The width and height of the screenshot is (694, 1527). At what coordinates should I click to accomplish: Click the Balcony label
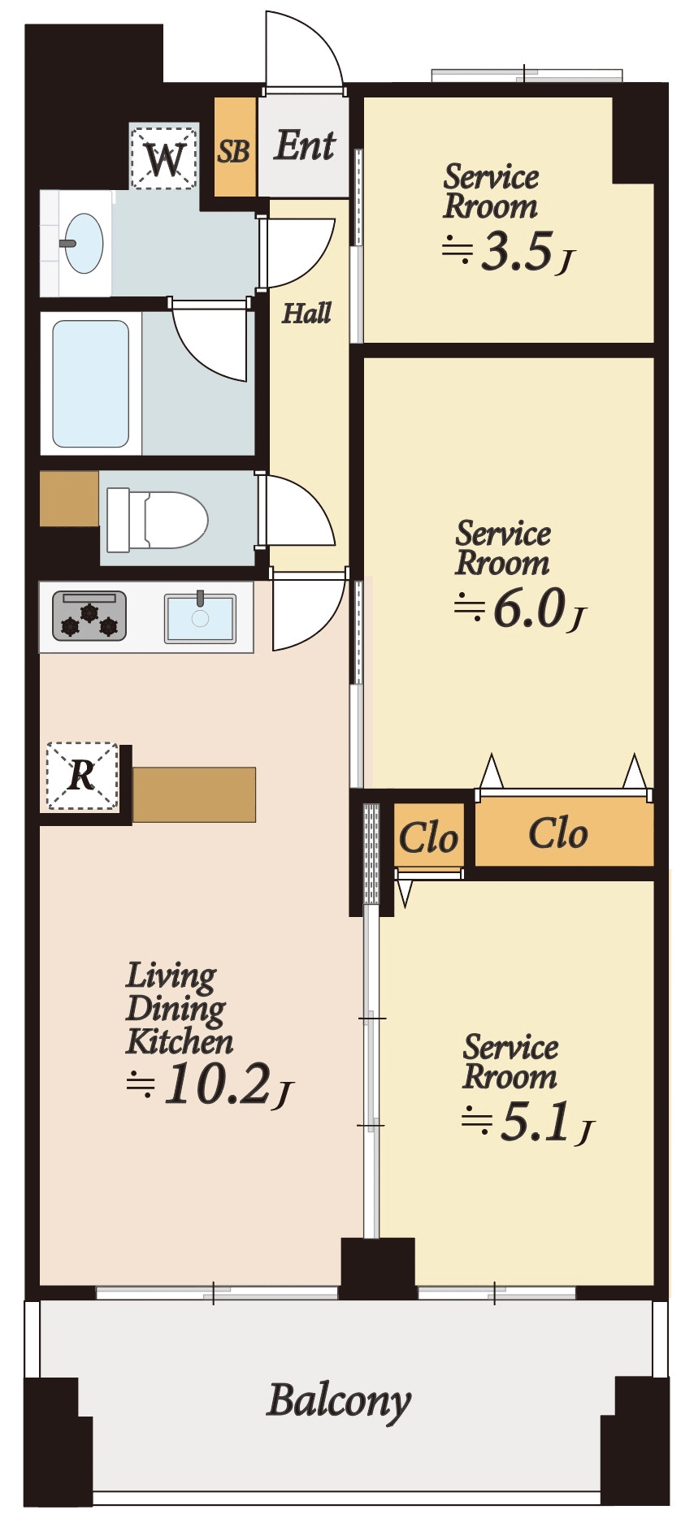pyautogui.click(x=339, y=1401)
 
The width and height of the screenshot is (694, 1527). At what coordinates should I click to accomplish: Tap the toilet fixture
pyautogui.click(x=158, y=520)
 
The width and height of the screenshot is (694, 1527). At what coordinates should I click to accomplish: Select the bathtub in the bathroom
pyautogui.click(x=91, y=383)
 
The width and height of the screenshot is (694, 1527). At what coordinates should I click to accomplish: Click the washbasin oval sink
pyautogui.click(x=83, y=243)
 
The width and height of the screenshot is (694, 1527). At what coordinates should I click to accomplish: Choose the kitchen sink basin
pyautogui.click(x=200, y=618)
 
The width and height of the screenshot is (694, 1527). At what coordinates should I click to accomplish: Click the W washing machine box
pyautogui.click(x=164, y=157)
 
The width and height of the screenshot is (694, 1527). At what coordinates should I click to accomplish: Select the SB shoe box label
pyautogui.click(x=234, y=151)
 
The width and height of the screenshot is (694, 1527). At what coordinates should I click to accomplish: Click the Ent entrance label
pyautogui.click(x=305, y=146)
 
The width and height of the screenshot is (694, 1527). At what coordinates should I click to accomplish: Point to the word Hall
pyautogui.click(x=306, y=313)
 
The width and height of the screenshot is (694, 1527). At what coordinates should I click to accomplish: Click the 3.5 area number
pyautogui.click(x=518, y=253)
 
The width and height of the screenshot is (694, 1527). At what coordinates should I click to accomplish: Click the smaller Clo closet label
pyautogui.click(x=428, y=837)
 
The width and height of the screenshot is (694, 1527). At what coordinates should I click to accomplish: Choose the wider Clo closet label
pyautogui.click(x=557, y=833)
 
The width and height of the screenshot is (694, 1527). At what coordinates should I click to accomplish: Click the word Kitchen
pyautogui.click(x=180, y=1041)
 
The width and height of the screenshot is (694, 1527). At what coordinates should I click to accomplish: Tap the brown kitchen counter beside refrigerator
pyautogui.click(x=194, y=794)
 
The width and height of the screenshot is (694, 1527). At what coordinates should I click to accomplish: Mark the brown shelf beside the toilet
pyautogui.click(x=70, y=499)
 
